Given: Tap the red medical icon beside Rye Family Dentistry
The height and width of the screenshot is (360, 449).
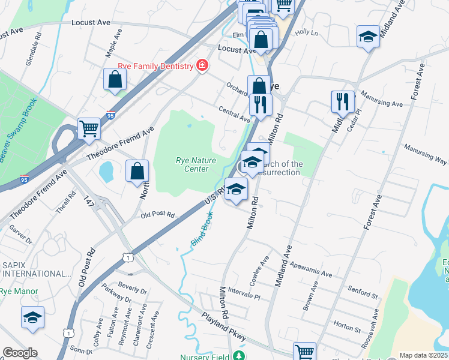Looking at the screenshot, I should (202, 65).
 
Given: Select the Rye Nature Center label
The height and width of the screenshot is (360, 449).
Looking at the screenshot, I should (191, 164).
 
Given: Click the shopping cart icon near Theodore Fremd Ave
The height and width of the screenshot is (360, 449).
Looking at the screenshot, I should (89, 128).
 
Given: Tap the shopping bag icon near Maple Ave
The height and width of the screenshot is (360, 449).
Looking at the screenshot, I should (115, 80).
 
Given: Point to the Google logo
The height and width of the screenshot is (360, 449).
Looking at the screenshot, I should (20, 353).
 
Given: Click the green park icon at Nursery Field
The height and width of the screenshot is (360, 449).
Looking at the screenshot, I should (240, 356).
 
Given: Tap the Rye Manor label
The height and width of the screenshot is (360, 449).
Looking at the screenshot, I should (19, 292).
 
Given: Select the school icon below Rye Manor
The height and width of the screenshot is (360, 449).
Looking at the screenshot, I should (32, 317).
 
